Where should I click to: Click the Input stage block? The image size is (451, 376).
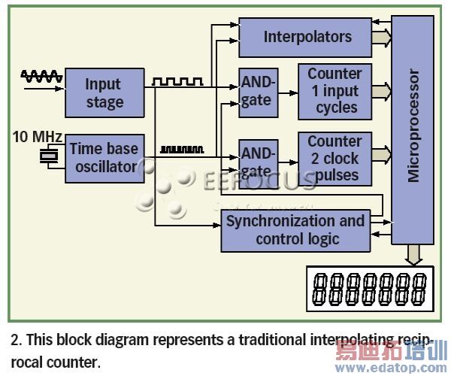(104, 92)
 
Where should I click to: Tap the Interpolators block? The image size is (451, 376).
(307, 36)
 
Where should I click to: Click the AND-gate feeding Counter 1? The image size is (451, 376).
(256, 91)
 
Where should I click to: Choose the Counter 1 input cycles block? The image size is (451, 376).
(336, 90)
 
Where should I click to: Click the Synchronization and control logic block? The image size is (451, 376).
(295, 230)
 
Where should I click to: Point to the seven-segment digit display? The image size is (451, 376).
(370, 290)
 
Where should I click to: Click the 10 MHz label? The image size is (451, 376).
(35, 137)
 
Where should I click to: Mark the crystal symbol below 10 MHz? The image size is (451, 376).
(49, 157)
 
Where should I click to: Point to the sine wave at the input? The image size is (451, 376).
(39, 76)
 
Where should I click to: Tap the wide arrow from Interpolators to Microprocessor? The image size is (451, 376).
(382, 37)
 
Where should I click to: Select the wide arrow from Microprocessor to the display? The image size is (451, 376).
(413, 255)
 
